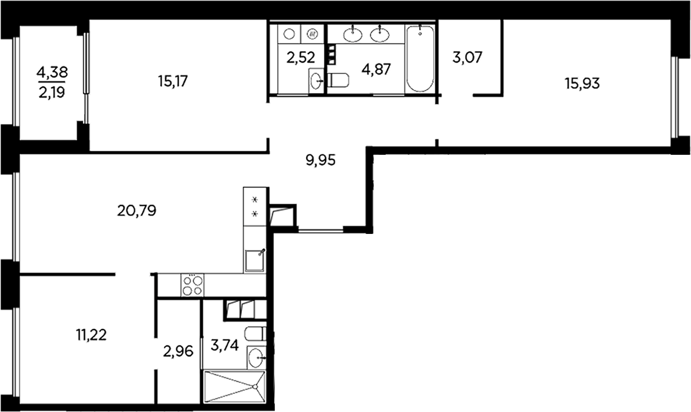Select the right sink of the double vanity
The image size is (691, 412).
[379, 34]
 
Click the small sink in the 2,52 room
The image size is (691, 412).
[316, 81]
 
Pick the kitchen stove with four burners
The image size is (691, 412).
[192, 285]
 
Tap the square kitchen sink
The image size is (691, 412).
[255, 261]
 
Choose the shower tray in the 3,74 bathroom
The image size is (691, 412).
[234, 386]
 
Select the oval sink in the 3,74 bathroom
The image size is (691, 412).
[257, 358]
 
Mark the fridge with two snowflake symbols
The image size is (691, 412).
[255, 206]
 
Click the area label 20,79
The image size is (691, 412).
[137, 211]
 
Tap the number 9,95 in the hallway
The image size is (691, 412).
[321, 160]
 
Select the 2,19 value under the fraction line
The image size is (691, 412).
[52, 91]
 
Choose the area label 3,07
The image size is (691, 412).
[467, 57]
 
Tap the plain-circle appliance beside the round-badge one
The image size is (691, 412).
[289, 34]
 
